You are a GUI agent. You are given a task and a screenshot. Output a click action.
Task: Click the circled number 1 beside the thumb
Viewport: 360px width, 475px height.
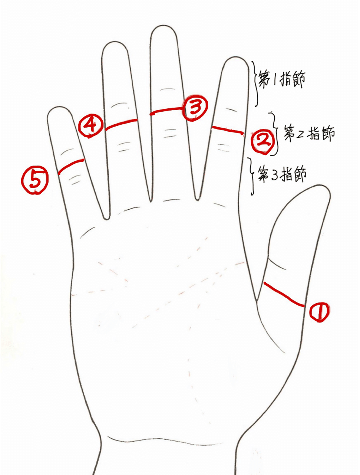tap(319, 312)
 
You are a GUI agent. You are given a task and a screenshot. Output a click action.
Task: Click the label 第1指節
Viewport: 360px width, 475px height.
tap(282, 79)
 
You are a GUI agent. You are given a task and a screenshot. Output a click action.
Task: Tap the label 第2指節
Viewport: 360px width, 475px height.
tap(310, 133)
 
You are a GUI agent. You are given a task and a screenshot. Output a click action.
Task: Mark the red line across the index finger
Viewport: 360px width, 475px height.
tap(228, 130)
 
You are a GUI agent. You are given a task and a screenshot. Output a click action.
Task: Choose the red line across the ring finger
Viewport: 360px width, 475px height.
tap(121, 124)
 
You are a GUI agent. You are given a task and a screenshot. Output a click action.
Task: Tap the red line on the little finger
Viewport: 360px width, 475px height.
tap(70, 166)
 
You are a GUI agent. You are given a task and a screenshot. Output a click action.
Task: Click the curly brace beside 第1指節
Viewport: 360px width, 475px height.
tap(256, 84)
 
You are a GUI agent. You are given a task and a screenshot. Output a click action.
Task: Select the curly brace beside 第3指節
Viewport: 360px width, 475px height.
tap(251, 176)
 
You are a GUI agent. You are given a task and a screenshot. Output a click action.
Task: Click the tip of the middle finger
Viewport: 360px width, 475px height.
tap(164, 26)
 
